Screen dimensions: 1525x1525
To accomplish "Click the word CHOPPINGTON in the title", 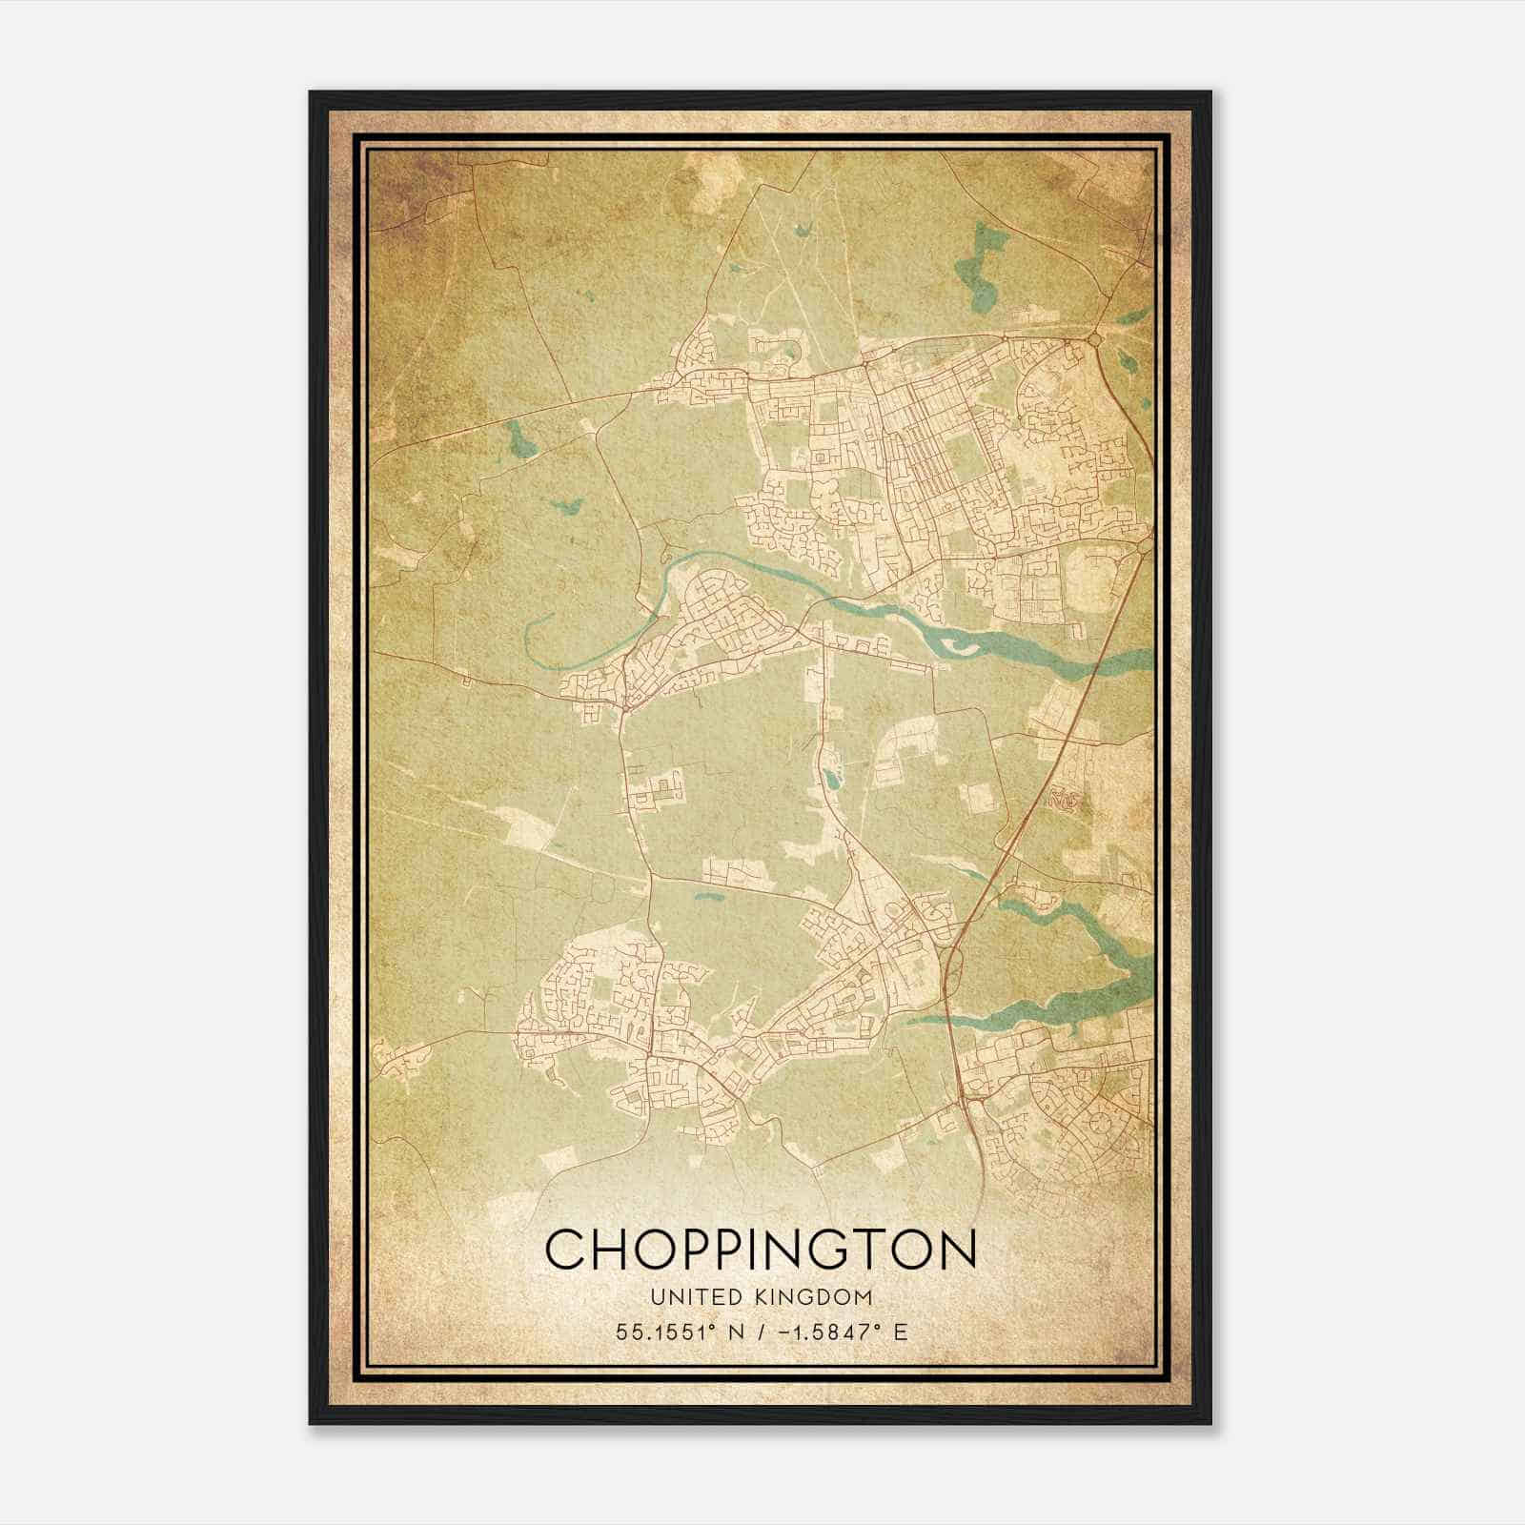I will coord(762,1249).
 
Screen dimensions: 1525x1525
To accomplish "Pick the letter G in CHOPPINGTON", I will coord(843,1249).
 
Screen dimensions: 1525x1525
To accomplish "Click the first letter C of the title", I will coord(563,1249).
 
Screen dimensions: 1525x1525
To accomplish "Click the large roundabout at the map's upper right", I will coord(1094,338).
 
